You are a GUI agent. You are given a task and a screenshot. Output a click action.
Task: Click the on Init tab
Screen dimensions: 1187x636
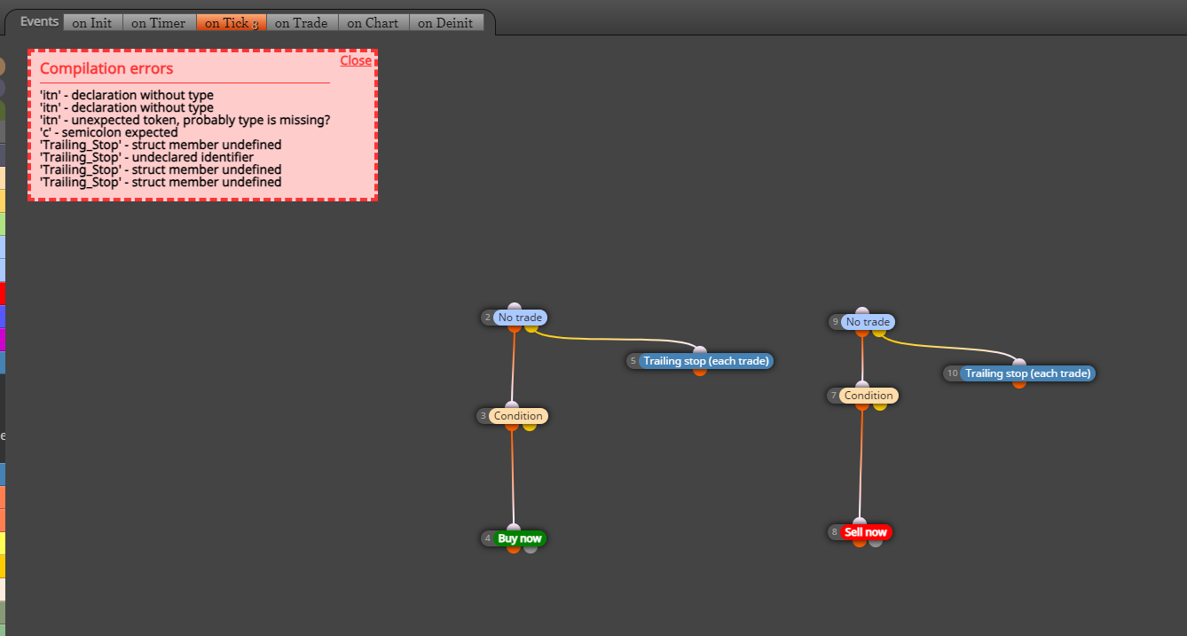click(x=93, y=23)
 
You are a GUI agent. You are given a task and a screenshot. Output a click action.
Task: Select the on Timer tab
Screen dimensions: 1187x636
click(x=159, y=23)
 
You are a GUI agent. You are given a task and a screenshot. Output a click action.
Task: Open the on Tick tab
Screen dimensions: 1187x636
click(x=232, y=23)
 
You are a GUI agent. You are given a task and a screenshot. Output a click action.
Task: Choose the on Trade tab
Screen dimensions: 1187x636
click(x=302, y=23)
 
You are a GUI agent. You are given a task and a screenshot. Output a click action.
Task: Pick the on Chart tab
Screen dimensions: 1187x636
click(x=373, y=23)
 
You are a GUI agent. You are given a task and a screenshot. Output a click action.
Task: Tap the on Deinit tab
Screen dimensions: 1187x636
click(x=446, y=23)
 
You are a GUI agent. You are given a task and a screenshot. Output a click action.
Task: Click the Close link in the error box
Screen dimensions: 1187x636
click(x=356, y=60)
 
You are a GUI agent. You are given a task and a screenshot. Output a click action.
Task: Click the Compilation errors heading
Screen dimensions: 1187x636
click(x=106, y=68)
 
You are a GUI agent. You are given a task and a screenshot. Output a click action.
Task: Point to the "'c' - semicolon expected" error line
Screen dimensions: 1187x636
click(x=109, y=132)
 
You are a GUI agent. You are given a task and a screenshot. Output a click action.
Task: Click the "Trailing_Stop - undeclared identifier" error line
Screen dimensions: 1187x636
click(x=146, y=157)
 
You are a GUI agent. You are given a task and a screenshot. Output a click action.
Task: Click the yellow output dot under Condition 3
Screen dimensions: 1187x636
click(x=530, y=426)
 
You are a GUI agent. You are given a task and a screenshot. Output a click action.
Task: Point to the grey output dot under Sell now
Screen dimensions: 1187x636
click(x=876, y=542)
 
